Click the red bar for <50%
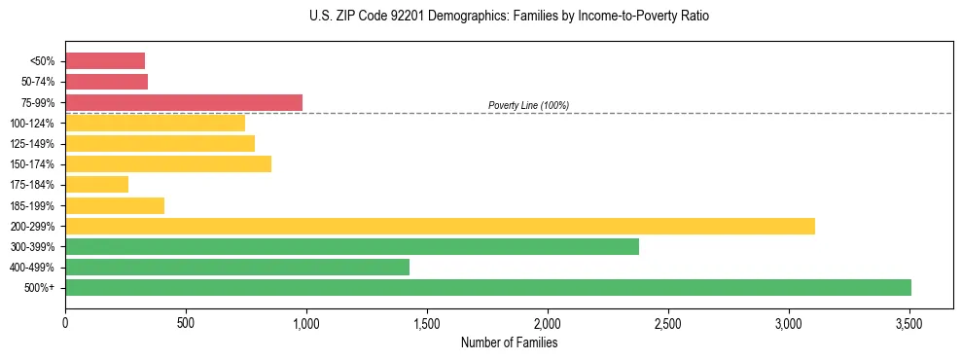[105, 60]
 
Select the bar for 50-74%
[106, 82]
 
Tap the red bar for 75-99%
[184, 102]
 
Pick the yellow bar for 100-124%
[155, 123]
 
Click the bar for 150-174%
[168, 163]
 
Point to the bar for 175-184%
[96, 184]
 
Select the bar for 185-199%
[115, 205]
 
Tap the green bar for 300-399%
[352, 246]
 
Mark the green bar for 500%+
[488, 287]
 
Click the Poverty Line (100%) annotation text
[528, 105]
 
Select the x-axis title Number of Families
[509, 342]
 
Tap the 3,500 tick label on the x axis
[909, 322]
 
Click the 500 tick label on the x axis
[186, 322]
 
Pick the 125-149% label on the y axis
[32, 143]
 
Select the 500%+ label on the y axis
[40, 287]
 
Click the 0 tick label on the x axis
[65, 322]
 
